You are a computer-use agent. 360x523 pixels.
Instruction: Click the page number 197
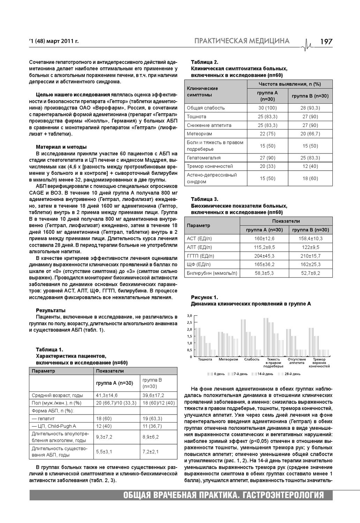point(326,42)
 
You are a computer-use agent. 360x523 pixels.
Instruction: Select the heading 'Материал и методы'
point(61,147)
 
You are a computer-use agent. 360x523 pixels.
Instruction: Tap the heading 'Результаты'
point(51,311)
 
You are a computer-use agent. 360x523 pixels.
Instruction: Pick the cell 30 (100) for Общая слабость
point(268,108)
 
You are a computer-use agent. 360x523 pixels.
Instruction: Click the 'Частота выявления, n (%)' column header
point(290,84)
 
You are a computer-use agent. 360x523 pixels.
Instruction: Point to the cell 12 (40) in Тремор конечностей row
point(310,166)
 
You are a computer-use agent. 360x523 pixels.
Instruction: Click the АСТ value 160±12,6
point(264,239)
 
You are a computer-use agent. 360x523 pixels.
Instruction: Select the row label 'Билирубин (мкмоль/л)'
point(212,273)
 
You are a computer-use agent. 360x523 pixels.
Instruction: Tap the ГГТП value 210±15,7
point(310,256)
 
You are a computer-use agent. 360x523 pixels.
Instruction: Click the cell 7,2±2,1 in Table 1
point(150,451)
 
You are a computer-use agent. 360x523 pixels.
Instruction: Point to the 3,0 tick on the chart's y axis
point(190,315)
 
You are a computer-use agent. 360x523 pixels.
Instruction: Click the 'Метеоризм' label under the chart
point(228,359)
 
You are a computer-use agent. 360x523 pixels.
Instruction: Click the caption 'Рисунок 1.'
point(204,297)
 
